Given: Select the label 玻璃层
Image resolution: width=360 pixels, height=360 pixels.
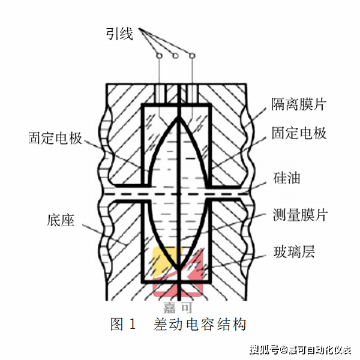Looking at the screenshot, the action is (x=293, y=251).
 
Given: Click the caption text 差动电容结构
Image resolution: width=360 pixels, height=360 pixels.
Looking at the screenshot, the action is (x=200, y=325).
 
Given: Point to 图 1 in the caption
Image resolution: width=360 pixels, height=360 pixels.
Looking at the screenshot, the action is (x=124, y=325).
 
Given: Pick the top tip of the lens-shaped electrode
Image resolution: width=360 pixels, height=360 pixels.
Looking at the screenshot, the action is (x=179, y=109).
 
